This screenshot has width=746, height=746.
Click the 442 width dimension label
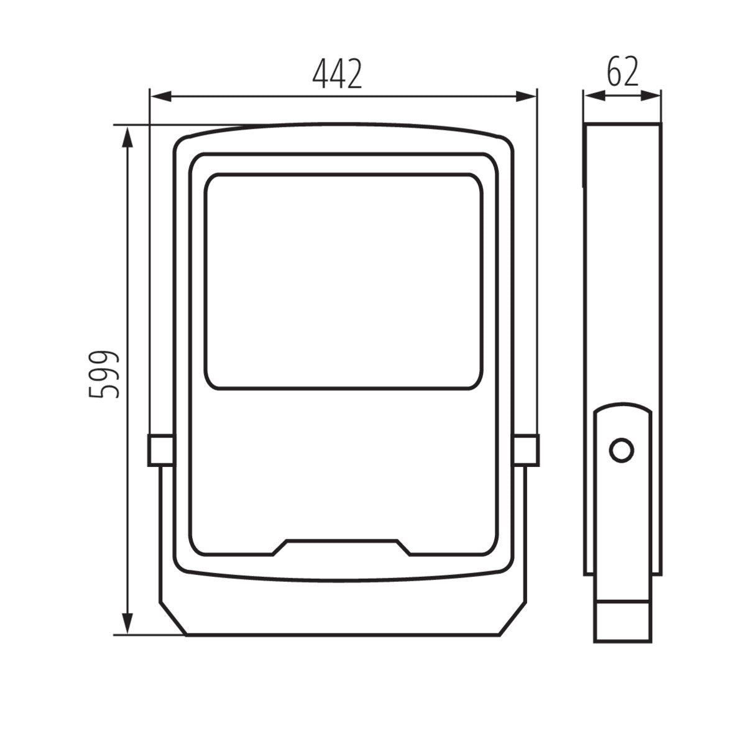click(337, 75)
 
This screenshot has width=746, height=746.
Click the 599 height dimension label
click(103, 374)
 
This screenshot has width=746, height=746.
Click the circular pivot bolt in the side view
click(620, 450)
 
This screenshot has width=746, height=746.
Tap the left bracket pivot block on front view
click(160, 450)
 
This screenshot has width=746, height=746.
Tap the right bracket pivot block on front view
click(526, 450)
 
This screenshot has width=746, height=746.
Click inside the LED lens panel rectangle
click(343, 281)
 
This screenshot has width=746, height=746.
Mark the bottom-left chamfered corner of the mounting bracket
click(173, 618)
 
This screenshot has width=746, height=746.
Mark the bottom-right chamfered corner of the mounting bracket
click(513, 618)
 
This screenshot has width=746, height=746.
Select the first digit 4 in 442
click(320, 75)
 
